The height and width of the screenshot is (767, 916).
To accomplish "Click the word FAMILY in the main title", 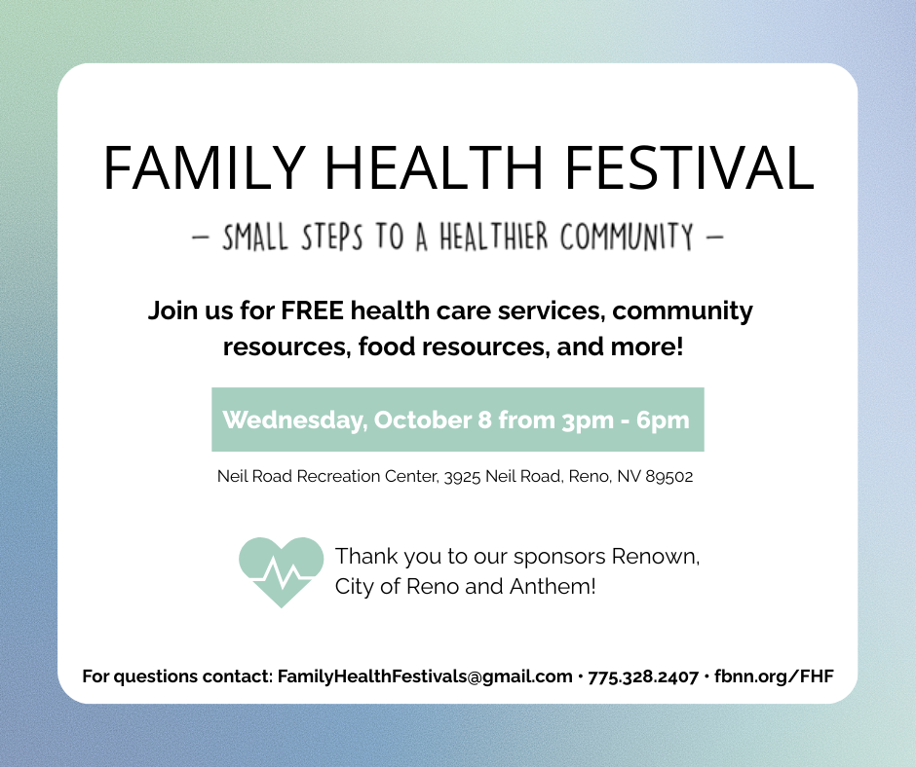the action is pos(205,167).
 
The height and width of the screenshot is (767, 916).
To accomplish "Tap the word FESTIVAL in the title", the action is pos(689,167).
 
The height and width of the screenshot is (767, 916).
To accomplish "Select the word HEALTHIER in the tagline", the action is pos(494,237).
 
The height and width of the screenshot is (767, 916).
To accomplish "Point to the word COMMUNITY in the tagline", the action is pos(627,237).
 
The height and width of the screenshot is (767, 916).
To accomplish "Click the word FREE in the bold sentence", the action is pos(312,310).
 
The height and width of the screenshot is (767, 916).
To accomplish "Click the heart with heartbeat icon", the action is pos(281,572).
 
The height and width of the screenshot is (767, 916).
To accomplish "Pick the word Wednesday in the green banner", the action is pos(295,420).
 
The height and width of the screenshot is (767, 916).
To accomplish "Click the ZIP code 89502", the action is pos(668,476).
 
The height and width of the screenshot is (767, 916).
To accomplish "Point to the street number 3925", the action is pos(462,477).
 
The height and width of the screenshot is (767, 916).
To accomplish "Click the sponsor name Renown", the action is pos(656,557).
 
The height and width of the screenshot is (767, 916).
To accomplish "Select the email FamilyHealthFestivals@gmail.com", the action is pos(425,676).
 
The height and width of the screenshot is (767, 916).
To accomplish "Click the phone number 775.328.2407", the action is pos(643,677).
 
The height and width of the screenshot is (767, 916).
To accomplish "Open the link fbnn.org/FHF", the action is pos(774,676).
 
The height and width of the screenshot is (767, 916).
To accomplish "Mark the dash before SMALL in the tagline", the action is pos(201,237).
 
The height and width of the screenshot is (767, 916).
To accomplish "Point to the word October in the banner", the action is pos(422,420).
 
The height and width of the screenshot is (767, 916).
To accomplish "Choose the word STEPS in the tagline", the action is pos(331,237).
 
